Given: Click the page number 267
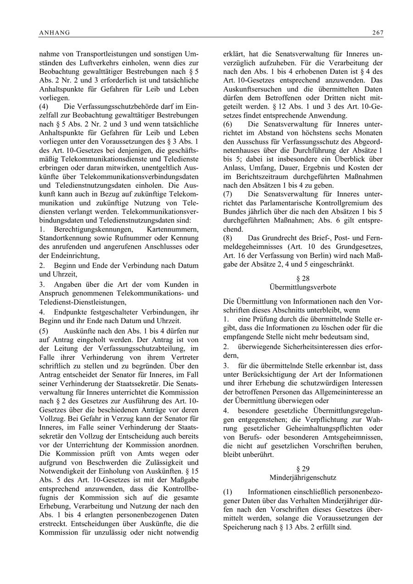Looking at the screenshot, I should pyautogui.click(x=378, y=33).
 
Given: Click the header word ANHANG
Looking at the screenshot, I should pyautogui.click(x=55, y=33).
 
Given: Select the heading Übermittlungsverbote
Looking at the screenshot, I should pyautogui.click(x=303, y=287).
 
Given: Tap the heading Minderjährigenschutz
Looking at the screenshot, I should pyautogui.click(x=303, y=477).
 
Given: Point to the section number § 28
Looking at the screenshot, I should pyautogui.click(x=303, y=279).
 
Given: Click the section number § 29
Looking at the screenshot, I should pyautogui.click(x=303, y=469).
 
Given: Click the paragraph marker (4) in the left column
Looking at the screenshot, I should pyautogui.click(x=44, y=107).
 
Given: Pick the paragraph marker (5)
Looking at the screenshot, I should pyautogui.click(x=44, y=331).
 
